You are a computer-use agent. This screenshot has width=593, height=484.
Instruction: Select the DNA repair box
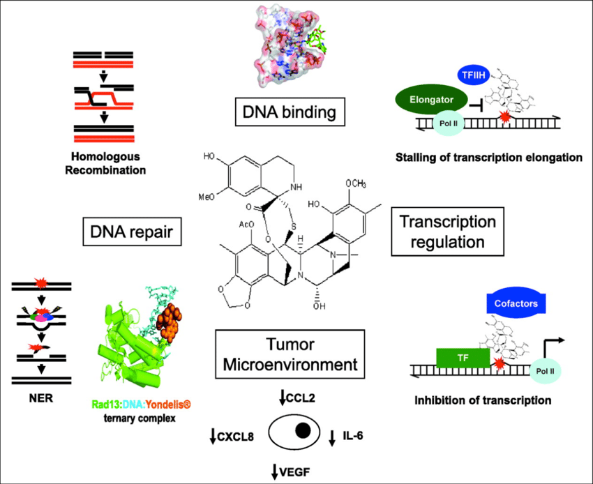click(131, 231)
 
